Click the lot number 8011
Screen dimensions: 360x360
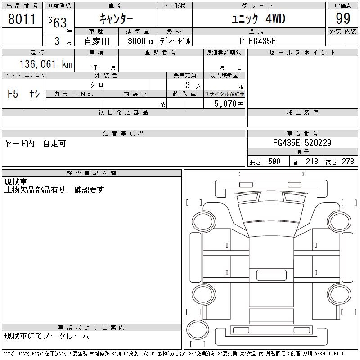tap(22, 19)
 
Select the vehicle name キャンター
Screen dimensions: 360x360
tap(116, 19)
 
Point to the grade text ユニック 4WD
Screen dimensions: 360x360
tap(258, 19)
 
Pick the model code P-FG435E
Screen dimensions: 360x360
tap(258, 41)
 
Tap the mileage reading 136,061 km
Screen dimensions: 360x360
tap(46, 64)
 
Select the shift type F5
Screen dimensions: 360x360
tap(13, 94)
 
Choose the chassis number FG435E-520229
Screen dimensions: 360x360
tap(302, 143)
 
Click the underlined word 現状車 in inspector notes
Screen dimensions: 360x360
tap(15, 182)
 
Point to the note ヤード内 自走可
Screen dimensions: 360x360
tap(35, 144)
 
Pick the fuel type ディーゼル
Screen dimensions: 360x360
tap(175, 41)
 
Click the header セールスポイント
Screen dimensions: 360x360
tap(302, 53)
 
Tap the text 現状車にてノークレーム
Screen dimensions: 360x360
tap(46, 336)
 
